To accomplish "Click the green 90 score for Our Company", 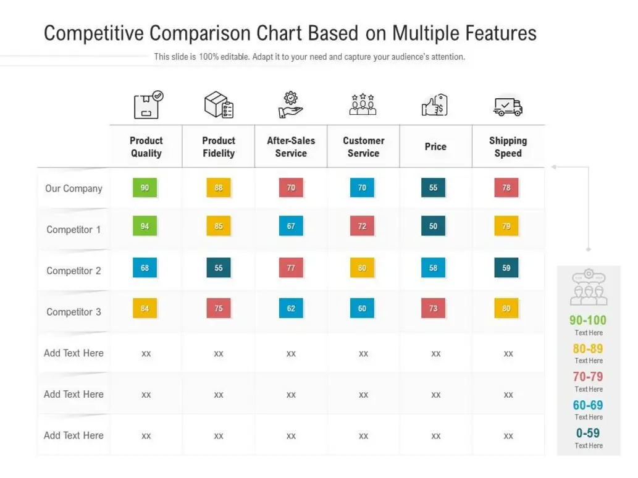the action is (x=145, y=188).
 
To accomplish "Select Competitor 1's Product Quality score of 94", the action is (x=145, y=226).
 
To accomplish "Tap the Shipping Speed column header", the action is (x=508, y=147).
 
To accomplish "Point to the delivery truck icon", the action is (x=508, y=106).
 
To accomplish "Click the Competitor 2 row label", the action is (x=73, y=270).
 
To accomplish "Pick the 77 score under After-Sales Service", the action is (x=291, y=267).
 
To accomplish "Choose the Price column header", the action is (x=435, y=146).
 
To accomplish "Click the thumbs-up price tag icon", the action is (x=435, y=105).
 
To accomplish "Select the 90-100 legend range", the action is (x=588, y=320).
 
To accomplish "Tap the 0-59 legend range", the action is (x=588, y=433).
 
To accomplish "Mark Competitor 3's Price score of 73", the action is (x=433, y=308).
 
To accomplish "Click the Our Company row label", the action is (x=73, y=188).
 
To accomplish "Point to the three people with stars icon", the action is (x=363, y=104).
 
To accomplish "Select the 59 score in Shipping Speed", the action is (x=506, y=267).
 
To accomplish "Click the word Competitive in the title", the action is (x=94, y=33).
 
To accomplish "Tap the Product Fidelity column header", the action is (x=219, y=147).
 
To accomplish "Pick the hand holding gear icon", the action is (x=290, y=104).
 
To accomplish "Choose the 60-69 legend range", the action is (x=588, y=405).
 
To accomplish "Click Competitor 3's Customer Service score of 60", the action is (x=362, y=308).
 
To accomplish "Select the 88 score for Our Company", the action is (x=219, y=188).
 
